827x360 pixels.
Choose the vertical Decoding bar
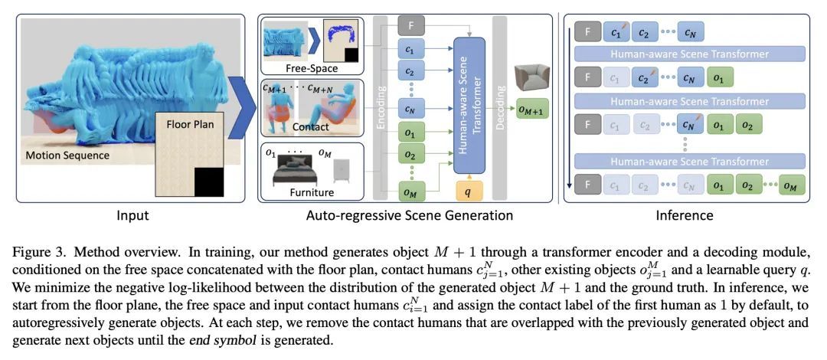[x=501, y=107]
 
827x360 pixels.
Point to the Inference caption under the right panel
[x=684, y=215]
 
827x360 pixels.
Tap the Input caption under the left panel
[x=132, y=215]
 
